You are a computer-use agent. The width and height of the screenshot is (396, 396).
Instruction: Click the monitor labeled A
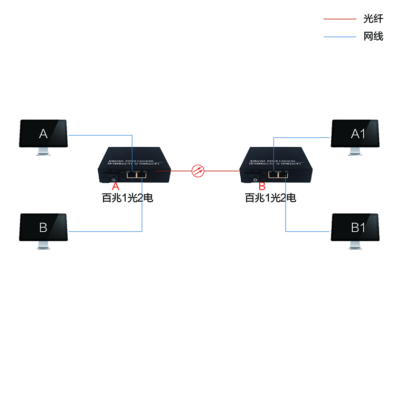pyautogui.click(x=43, y=134)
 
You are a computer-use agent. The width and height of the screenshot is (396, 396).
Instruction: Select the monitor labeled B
pyautogui.click(x=43, y=228)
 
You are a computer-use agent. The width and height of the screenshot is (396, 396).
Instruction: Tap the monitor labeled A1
pyautogui.click(x=355, y=134)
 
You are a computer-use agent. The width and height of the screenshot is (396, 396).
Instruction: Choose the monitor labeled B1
pyautogui.click(x=355, y=228)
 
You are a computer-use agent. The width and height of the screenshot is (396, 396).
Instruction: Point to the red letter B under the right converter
pyautogui.click(x=262, y=186)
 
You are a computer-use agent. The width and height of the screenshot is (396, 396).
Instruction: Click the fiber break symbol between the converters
pyautogui.click(x=197, y=170)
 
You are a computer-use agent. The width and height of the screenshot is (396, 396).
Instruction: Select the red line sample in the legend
pyautogui.click(x=340, y=19)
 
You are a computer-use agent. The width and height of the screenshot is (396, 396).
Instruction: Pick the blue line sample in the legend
pyautogui.click(x=340, y=37)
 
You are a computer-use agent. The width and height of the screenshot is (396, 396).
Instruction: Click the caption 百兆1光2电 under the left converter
pyautogui.click(x=127, y=199)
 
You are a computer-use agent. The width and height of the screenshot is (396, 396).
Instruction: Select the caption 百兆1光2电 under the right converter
pyautogui.click(x=270, y=199)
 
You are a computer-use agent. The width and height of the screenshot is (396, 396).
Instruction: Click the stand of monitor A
pyautogui.click(x=43, y=152)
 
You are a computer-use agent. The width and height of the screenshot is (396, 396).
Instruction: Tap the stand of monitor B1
pyautogui.click(x=355, y=246)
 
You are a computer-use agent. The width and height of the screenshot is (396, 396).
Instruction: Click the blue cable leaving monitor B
pyautogui.click(x=106, y=231)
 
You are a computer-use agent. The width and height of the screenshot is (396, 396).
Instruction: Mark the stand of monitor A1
pyautogui.click(x=355, y=152)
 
